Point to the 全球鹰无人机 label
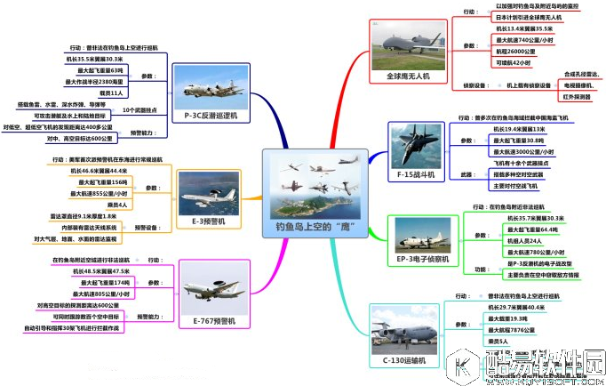pos(408,77)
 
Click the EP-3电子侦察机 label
pos(420,260)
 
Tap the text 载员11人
pos(111,92)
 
